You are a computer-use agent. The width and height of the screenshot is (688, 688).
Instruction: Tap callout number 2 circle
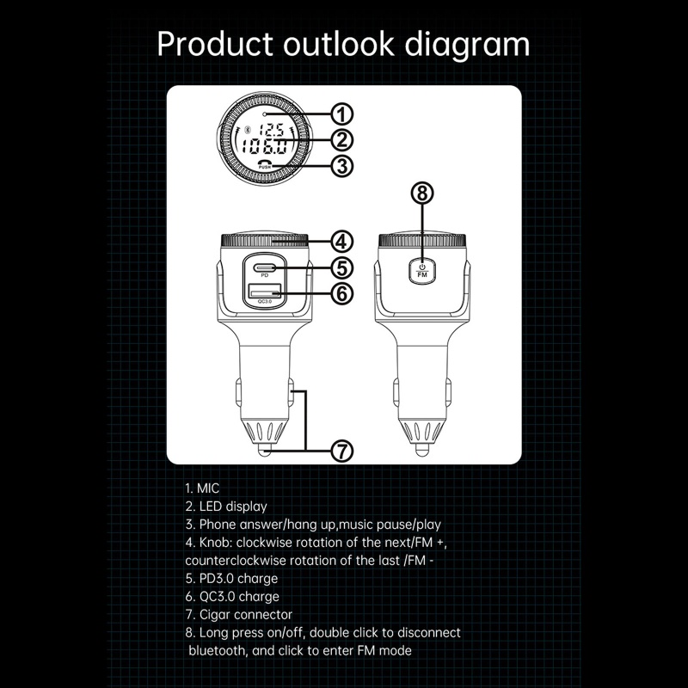click(341, 140)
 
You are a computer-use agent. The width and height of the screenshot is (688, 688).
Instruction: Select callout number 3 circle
click(341, 166)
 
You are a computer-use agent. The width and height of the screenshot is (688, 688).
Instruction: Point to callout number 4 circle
click(341, 242)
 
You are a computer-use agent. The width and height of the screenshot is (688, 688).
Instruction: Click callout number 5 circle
click(341, 267)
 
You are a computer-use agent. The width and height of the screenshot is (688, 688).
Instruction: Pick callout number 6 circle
click(341, 293)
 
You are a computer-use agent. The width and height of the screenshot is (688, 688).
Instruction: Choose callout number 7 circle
click(341, 450)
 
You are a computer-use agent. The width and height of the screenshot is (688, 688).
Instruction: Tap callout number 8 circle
click(421, 193)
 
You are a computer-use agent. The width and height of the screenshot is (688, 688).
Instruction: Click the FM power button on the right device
click(421, 270)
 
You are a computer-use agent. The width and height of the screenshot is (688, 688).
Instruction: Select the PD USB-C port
click(265, 266)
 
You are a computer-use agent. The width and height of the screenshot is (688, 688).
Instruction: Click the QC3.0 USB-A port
click(264, 293)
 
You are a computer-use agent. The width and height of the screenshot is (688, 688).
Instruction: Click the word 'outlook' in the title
click(351, 43)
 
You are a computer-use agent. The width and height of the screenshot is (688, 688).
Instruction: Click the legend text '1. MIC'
click(203, 488)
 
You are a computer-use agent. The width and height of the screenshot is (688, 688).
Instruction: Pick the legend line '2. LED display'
click(226, 506)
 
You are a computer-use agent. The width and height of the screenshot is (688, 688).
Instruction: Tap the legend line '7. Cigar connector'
click(238, 614)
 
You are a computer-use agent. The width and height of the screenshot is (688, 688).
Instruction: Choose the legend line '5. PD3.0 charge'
click(231, 578)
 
